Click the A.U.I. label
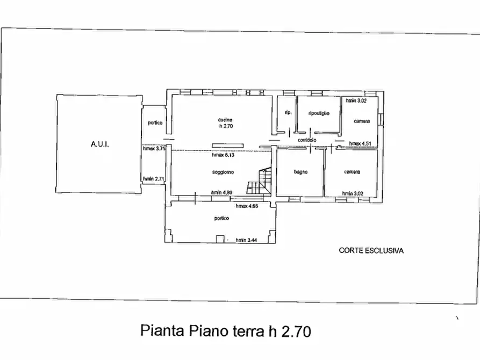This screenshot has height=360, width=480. pos(99,145)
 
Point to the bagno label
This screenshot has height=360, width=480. pos(300,172)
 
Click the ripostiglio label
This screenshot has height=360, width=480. pos(319,113)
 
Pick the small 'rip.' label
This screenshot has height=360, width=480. pos(288,113)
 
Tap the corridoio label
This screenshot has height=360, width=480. pos(307,140)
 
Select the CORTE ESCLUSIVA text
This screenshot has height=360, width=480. pos(371,250)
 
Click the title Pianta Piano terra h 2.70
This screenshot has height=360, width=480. pos(226,330)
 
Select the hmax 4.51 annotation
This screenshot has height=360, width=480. pos(360,143)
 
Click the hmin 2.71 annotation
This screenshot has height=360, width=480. pos(153,179)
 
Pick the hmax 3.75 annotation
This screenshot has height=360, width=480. pos(153,149)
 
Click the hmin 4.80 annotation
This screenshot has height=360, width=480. pos(221,192)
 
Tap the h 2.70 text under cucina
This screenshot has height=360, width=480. pos(225,126)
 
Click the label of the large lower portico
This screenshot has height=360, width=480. pos(221,218)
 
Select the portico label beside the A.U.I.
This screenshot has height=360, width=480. pos(155,123)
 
